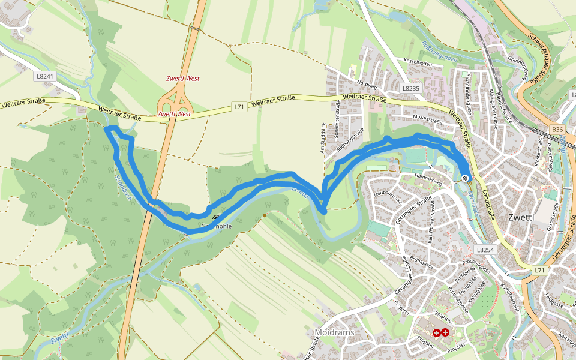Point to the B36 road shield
(558, 129)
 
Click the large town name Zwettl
(524, 217)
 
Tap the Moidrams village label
(334, 332)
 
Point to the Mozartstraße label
(427, 121)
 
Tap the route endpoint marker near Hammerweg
(466, 178)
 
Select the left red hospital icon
(436, 332)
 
